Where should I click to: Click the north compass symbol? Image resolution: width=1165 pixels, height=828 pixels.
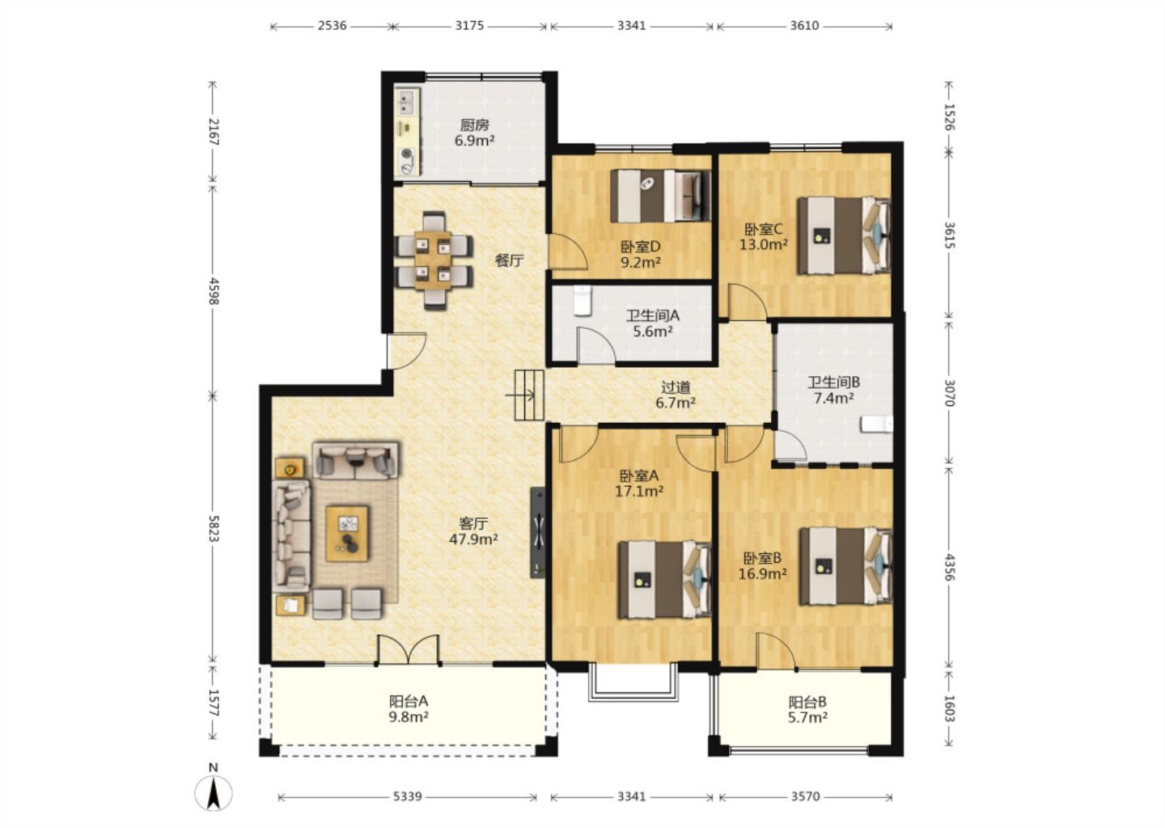[214, 790]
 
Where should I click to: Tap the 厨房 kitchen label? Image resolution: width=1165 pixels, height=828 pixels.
[474, 125]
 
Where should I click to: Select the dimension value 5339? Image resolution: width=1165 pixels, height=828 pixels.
[407, 796]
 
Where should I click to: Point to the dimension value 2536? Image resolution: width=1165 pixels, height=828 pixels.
[332, 25]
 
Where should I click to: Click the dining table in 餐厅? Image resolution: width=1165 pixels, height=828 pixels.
[433, 260]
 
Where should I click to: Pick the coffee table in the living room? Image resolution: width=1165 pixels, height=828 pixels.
[347, 534]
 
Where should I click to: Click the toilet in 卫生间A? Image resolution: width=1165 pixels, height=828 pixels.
[582, 300]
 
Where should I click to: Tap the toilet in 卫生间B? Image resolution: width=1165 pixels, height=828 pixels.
[877, 425]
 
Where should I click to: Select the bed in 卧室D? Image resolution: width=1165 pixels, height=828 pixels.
[660, 196]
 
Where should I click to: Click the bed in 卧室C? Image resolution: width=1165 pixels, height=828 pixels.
[844, 235]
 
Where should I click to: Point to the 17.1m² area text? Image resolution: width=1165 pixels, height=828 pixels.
[638, 491]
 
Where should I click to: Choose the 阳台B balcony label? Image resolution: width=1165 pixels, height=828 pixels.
[807, 702]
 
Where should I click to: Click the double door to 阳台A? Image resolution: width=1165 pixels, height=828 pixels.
[409, 650]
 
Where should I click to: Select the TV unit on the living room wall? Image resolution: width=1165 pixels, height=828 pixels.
[538, 533]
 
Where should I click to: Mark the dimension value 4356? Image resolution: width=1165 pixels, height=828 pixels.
[949, 567]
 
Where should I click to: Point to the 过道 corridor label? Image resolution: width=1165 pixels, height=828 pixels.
[676, 387]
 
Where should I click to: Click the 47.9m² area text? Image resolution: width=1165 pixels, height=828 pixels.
[473, 539]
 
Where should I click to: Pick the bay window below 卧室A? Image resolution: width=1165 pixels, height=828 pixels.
[633, 682]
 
